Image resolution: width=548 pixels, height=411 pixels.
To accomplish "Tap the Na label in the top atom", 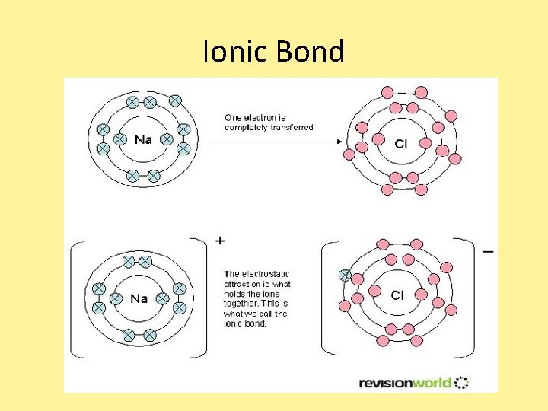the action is [143, 139].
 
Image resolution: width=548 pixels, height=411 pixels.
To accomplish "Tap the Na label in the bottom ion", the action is [139, 298].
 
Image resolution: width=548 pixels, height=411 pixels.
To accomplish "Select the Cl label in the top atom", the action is [401, 143].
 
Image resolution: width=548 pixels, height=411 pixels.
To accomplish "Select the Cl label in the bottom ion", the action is [397, 295].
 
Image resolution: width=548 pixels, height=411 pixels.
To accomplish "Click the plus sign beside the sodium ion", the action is [220, 241].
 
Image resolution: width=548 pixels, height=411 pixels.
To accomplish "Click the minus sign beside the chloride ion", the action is [488, 250].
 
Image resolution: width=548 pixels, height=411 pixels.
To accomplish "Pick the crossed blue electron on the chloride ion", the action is [345, 276].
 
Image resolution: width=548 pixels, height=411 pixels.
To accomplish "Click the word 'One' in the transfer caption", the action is [232, 118].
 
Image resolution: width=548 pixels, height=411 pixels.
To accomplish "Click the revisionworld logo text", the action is [404, 382].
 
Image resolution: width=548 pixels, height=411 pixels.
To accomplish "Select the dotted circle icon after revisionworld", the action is [461, 382].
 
